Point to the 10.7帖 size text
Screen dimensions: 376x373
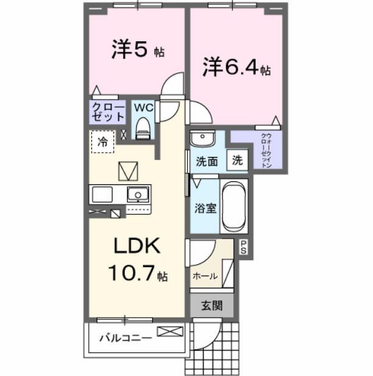pyautogui.click(x=138, y=274)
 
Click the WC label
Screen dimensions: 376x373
pyautogui.click(x=144, y=108)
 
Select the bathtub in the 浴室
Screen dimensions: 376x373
pyautogui.click(x=232, y=206)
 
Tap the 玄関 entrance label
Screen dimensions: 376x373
pyautogui.click(x=211, y=305)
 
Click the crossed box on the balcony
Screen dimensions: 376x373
pyautogui.click(x=170, y=332)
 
